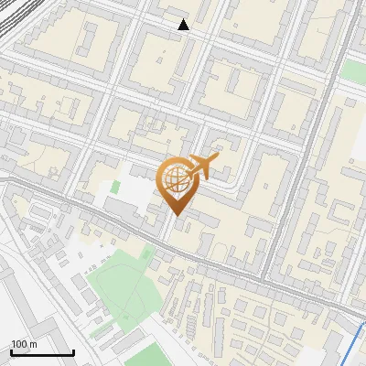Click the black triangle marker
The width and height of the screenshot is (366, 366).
[184, 25]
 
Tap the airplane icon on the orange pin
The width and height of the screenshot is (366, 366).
[203, 167]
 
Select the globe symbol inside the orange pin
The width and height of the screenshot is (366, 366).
[176, 179]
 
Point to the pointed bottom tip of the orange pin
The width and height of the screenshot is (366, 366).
[177, 216]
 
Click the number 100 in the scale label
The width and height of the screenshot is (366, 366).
[18, 344]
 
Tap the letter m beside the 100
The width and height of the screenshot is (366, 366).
[32, 344]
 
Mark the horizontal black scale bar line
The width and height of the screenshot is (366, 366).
[42, 352]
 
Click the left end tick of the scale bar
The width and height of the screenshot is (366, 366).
[11, 350]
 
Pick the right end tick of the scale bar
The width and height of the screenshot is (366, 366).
[73, 350]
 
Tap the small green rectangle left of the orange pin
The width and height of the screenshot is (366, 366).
[115, 188]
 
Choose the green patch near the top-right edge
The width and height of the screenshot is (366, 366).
[353, 71]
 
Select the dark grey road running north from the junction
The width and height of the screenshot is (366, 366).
[302, 165]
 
